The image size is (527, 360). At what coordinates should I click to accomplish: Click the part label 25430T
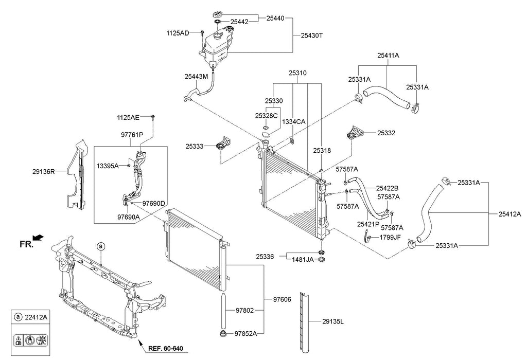[x=311, y=35]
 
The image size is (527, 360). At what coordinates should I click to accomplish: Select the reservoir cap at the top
[x=218, y=15]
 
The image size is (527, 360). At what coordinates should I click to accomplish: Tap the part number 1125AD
[x=178, y=33]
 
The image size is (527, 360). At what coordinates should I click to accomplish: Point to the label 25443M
[x=196, y=77]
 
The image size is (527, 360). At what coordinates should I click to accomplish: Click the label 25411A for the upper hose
[x=388, y=56]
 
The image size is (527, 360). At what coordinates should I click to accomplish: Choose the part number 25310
[x=298, y=73]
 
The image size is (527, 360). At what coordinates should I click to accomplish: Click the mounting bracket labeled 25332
[x=355, y=133]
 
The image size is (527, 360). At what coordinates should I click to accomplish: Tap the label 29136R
[x=43, y=171]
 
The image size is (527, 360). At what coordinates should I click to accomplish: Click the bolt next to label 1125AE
[x=153, y=117]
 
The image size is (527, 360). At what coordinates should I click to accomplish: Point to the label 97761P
[x=132, y=135]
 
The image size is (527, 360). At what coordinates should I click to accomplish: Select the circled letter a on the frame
[x=101, y=246]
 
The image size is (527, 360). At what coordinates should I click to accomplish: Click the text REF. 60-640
[x=166, y=349]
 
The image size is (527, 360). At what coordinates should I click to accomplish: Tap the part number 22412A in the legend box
[x=36, y=317]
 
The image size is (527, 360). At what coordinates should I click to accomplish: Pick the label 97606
[x=282, y=299]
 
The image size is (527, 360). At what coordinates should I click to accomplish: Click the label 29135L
[x=333, y=322]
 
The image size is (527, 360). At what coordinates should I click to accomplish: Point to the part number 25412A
[x=510, y=214]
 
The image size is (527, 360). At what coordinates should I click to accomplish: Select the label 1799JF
[x=390, y=238]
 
